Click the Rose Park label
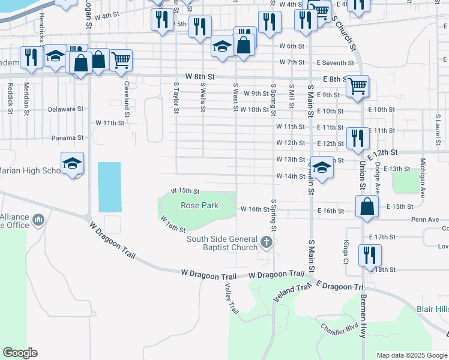click(x=199, y=205)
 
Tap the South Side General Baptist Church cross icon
click(x=267, y=243)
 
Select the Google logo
click(x=20, y=353)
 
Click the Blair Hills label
click(x=432, y=309)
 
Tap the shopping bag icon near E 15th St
click(x=367, y=206)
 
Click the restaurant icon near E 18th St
click(x=370, y=254)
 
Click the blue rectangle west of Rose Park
click(x=110, y=187)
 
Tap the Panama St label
click(x=67, y=138)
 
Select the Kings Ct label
click(x=346, y=247)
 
